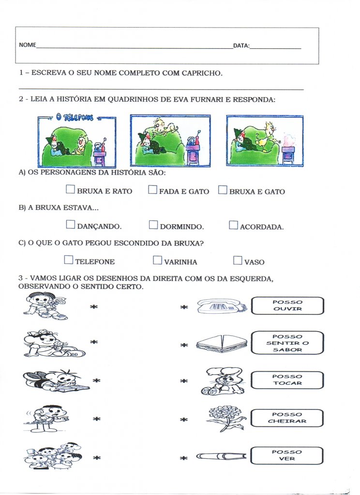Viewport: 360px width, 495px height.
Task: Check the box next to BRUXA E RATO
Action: pyautogui.click(x=70, y=189)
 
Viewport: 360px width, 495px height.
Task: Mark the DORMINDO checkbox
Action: pyautogui.click(x=153, y=224)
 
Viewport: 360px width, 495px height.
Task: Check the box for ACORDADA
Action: pyautogui.click(x=233, y=224)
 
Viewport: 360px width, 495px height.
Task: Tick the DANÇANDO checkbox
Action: pyautogui.click(x=71, y=224)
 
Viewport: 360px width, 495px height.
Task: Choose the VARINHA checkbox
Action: pyautogui.click(x=157, y=260)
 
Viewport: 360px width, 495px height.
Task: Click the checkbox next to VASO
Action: pyautogui.click(x=237, y=260)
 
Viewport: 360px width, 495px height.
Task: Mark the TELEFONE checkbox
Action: pyautogui.click(x=69, y=260)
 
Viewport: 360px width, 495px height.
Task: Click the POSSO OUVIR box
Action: pyautogui.click(x=287, y=306)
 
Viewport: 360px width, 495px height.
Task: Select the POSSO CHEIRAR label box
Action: pyautogui.click(x=287, y=418)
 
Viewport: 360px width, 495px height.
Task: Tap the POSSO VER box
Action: pyautogui.click(x=287, y=455)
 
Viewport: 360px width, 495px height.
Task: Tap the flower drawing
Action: pyautogui.click(x=225, y=417)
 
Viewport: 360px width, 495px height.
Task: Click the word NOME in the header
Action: pyautogui.click(x=28, y=45)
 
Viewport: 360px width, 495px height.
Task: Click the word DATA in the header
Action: pyautogui.click(x=241, y=46)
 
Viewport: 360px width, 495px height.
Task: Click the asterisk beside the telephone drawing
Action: pyautogui.click(x=184, y=307)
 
